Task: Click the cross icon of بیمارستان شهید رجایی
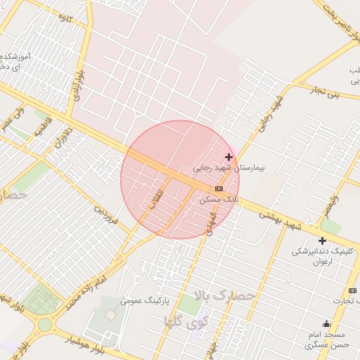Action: pyautogui.click(x=229, y=156)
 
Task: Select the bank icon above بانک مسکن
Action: pyautogui.click(x=219, y=189)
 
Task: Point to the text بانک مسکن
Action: pyautogui.click(x=219, y=200)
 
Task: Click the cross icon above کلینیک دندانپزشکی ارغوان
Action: pyautogui.click(x=322, y=240)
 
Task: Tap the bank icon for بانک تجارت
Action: pyautogui.click(x=352, y=291)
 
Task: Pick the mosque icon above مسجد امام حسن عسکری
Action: pyautogui.click(x=327, y=323)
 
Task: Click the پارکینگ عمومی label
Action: pyautogui.click(x=146, y=300)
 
